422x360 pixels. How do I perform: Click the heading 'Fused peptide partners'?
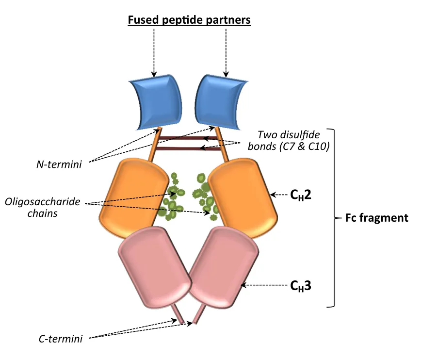point(189,20)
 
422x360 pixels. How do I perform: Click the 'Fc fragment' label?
point(377,217)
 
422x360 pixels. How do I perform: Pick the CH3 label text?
point(301,286)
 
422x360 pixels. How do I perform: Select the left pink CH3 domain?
point(153,268)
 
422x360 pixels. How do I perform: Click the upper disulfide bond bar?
point(187,139)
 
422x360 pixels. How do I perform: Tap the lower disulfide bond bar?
point(187,149)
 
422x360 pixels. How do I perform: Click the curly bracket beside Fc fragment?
point(334,218)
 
